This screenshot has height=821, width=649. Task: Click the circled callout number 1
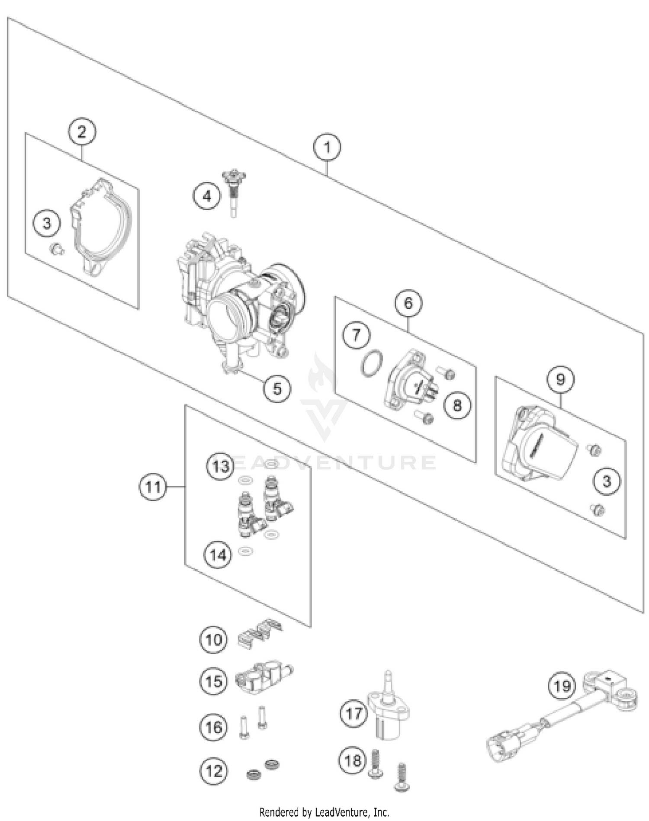[x=327, y=147]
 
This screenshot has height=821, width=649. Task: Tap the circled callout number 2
[x=82, y=131]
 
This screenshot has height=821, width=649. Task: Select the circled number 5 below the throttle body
[x=277, y=388]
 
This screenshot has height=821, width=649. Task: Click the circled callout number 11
[x=153, y=487]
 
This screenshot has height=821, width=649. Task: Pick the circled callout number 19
[x=562, y=686]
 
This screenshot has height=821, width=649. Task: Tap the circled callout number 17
[x=353, y=713]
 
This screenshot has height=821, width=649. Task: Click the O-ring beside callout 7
[x=371, y=364]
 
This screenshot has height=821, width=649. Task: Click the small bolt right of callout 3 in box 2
[x=57, y=249]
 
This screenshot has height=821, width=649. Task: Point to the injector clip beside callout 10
[x=260, y=634]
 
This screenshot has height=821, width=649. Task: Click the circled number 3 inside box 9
[x=606, y=481]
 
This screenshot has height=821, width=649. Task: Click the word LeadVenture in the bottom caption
[x=340, y=812]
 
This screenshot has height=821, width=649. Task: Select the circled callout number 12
[x=213, y=771]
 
